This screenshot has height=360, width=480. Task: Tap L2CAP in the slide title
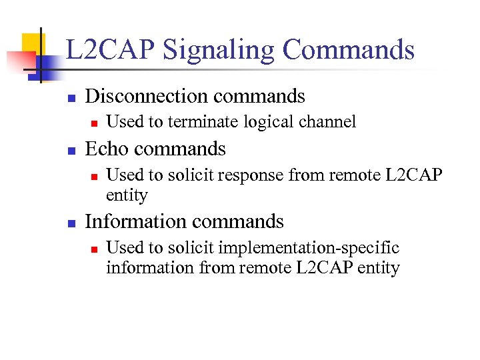tap(109, 51)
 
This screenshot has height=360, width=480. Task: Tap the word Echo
tap(107, 149)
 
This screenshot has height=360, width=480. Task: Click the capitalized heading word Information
tap(137, 221)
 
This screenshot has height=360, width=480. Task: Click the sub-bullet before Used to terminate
tap(94, 123)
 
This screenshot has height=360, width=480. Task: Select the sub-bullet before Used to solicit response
tap(94, 176)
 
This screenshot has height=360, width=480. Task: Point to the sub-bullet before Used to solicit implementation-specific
tap(94, 249)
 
